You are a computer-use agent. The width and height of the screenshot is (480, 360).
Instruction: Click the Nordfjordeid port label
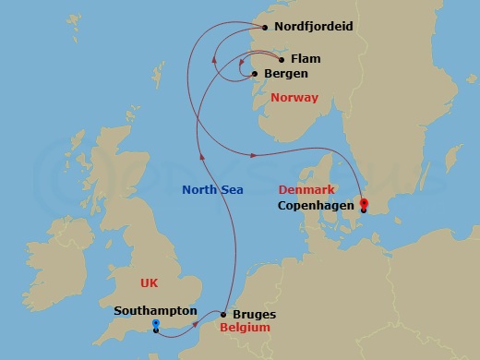314,27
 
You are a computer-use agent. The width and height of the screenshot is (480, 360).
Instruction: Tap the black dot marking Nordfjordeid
267,28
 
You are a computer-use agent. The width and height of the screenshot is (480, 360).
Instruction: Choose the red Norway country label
294,98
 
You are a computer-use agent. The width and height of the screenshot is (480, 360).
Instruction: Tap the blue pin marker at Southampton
156,325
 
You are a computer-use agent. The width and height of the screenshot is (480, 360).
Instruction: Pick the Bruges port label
254,315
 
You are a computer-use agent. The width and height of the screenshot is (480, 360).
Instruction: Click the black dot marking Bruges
223,315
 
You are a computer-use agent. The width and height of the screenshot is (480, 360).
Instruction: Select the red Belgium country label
245,328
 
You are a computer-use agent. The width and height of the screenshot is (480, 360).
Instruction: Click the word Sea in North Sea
231,191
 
